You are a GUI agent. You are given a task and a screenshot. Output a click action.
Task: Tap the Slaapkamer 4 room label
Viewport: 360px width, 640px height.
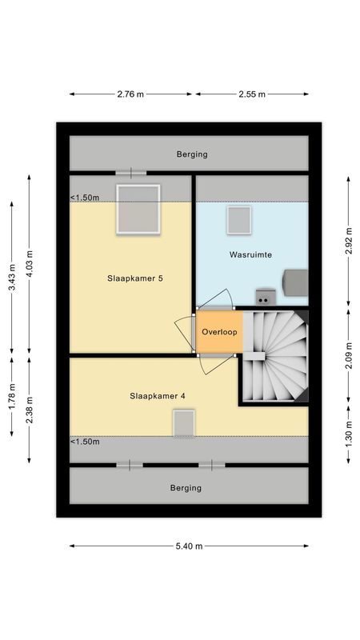point(158,395)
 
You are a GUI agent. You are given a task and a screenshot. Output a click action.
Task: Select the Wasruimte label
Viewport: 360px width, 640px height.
point(251,254)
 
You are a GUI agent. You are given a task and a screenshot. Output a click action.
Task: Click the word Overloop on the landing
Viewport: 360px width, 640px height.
point(218,331)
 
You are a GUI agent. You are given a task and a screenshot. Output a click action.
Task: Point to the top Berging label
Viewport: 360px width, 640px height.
point(192,154)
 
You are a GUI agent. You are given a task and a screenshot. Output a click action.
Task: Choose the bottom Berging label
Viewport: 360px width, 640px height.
point(186,487)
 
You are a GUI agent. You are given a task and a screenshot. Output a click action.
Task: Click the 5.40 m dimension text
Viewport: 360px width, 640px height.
point(189,546)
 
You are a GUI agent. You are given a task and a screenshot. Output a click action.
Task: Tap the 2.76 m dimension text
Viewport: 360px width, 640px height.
point(130,94)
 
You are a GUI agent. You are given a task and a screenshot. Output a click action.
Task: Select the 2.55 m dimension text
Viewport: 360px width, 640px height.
point(251,94)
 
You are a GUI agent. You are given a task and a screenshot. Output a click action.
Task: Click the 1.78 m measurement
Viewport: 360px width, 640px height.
point(11,398)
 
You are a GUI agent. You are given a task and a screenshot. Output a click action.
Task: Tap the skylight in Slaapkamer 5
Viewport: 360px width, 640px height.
point(138,209)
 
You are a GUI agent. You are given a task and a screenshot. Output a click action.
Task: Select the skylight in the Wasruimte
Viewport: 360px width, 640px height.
point(238,220)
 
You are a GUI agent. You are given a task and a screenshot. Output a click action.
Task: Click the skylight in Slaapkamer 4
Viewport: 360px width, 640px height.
point(184,422)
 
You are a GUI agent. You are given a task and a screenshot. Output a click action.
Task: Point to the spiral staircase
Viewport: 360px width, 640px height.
point(274,356)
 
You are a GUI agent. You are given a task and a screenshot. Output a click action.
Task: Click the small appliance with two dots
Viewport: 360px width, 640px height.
point(263,298)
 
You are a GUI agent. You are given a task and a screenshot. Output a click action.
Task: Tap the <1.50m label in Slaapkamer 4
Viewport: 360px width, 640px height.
point(85,442)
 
